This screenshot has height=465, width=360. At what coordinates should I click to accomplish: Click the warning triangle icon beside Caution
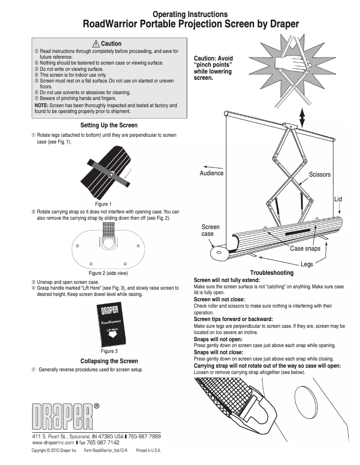coord(96,44)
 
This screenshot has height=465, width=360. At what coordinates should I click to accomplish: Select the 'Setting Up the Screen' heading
coord(109,125)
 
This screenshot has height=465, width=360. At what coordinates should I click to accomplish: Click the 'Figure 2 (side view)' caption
coord(108,273)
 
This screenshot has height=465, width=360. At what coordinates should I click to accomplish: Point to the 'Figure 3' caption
coord(109,351)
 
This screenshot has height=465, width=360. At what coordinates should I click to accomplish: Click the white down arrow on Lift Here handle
coord(110,335)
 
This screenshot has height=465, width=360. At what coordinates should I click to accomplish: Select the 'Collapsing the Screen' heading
coord(109,361)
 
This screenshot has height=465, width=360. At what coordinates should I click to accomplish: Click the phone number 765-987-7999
coord(145,436)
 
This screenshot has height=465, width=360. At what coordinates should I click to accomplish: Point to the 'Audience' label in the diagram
coord(211,174)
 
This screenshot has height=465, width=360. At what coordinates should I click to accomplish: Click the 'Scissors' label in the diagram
coord(319,174)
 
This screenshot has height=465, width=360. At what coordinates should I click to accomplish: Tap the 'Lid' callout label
coord(338,199)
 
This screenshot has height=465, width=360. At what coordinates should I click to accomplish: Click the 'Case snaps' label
coord(305,248)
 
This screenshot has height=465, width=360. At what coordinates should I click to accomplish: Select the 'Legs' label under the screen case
coord(307,265)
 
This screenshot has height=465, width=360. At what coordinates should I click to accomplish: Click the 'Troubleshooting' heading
coord(272,273)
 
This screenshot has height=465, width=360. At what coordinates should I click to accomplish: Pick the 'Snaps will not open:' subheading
coord(217,339)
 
